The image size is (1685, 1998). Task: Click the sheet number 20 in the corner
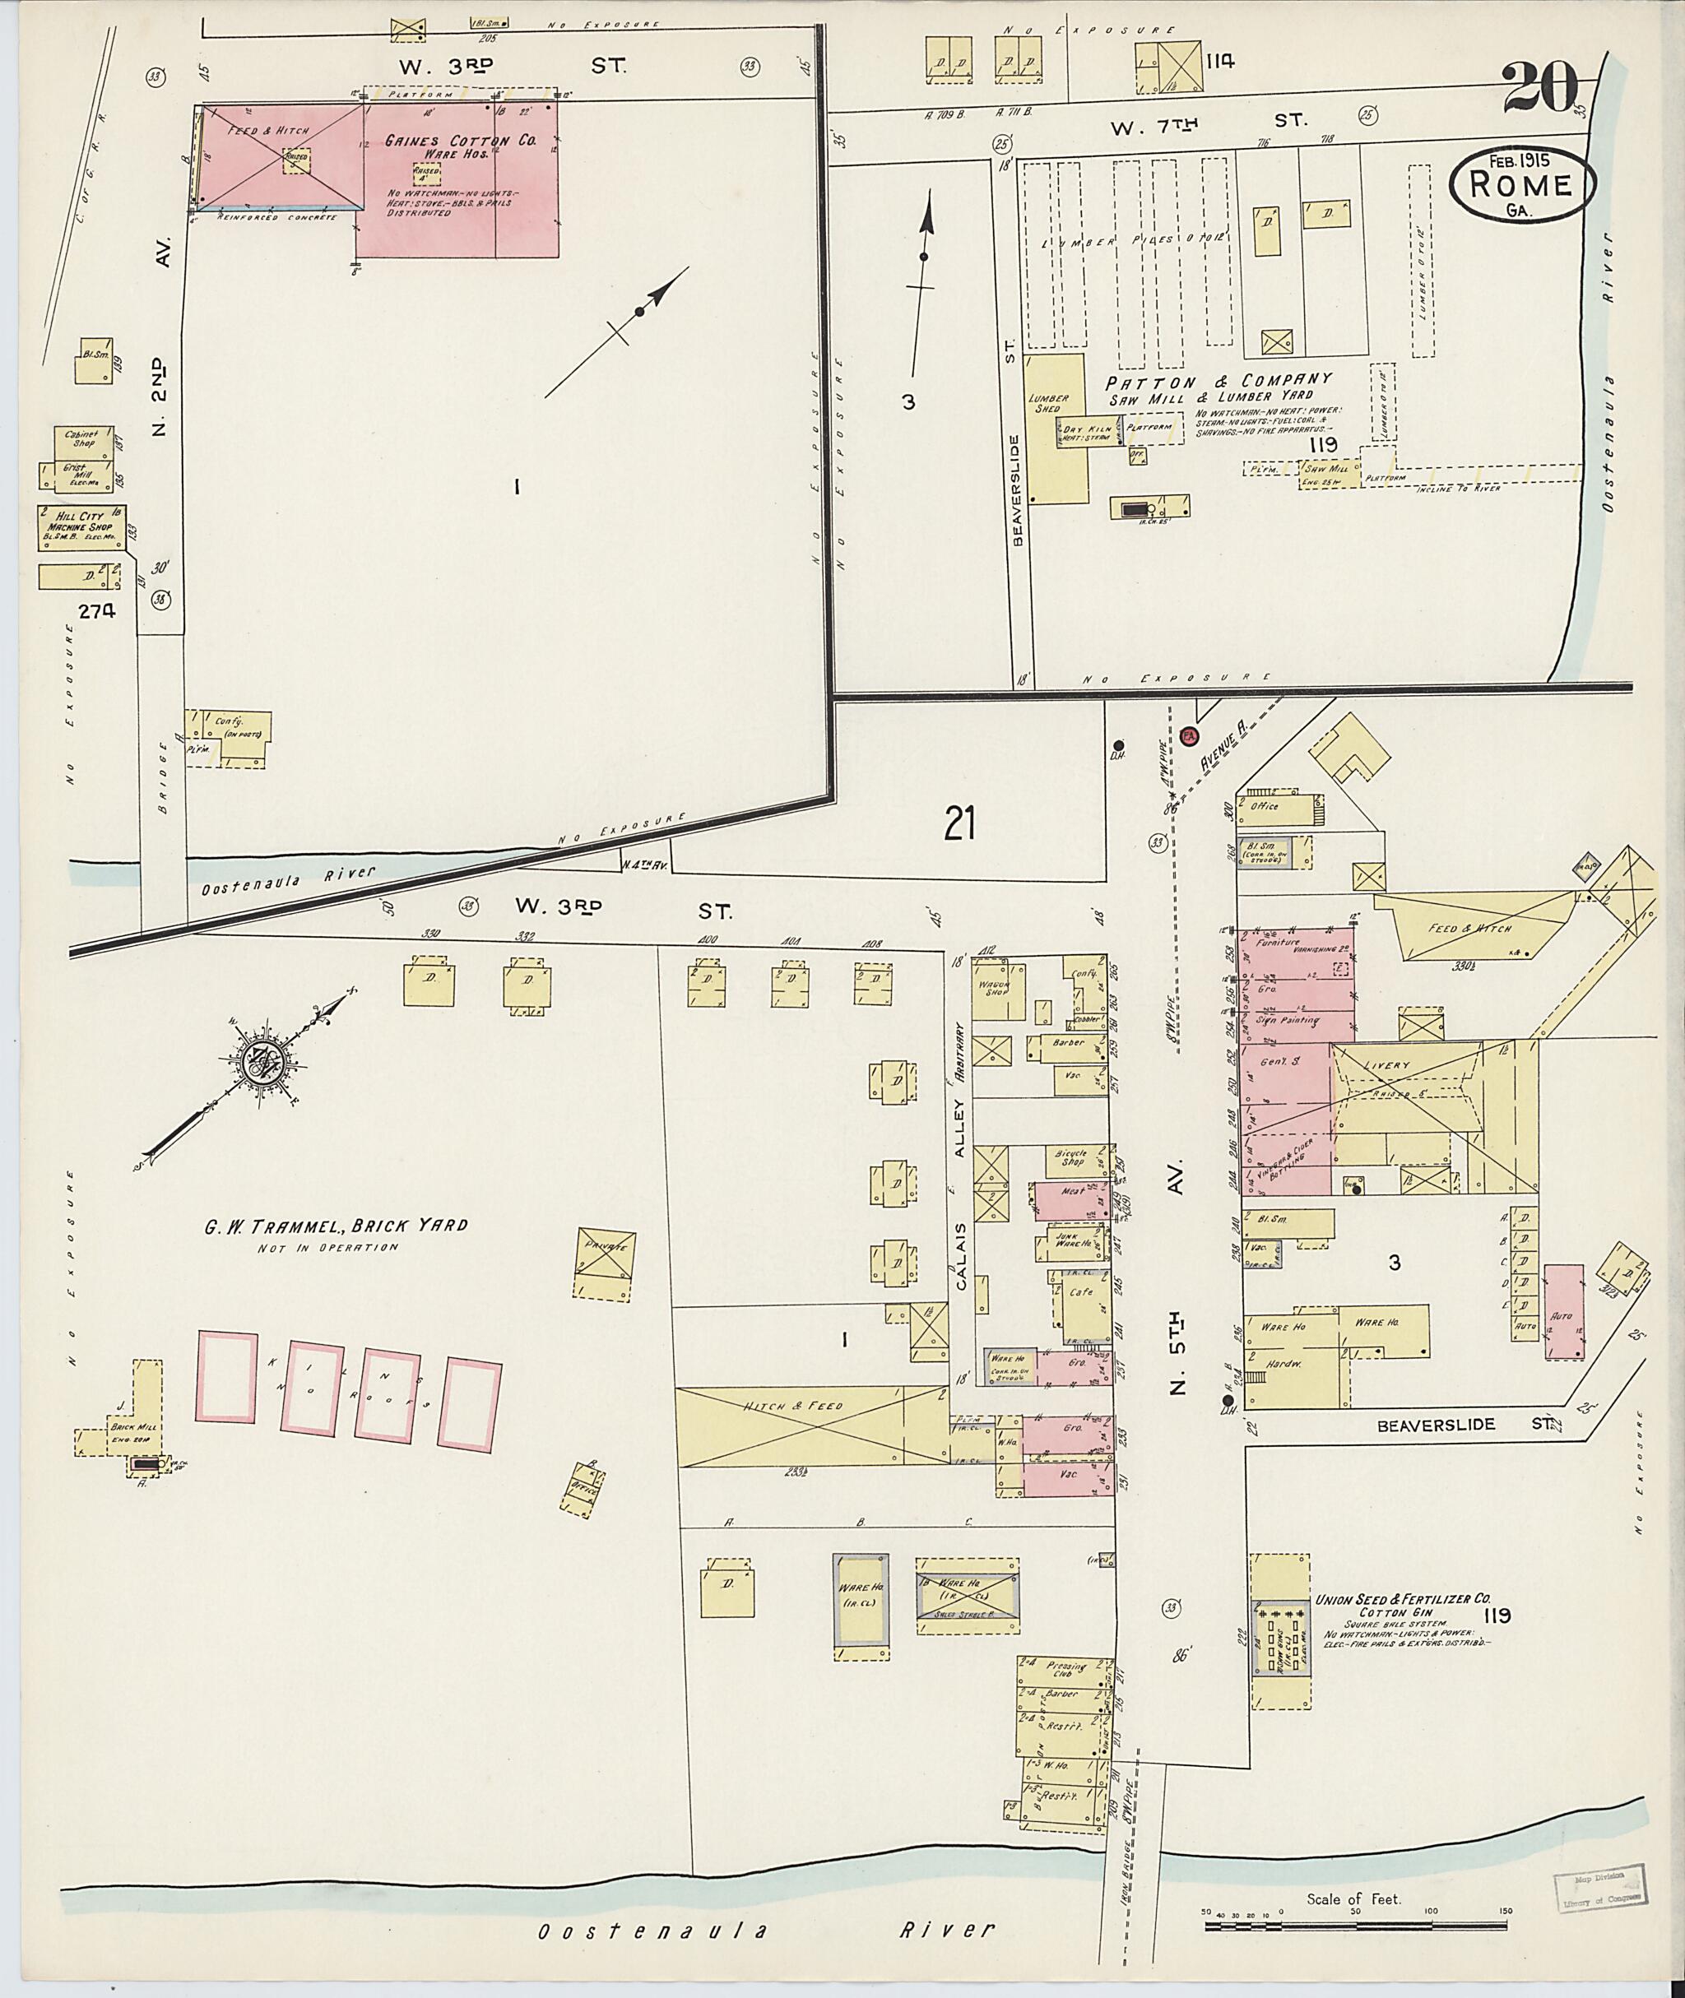point(1540,88)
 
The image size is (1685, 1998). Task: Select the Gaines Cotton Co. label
point(462,141)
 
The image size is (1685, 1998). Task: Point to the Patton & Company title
point(1205,379)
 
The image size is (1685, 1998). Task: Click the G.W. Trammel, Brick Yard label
point(336,1226)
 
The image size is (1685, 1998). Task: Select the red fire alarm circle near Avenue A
point(1189,735)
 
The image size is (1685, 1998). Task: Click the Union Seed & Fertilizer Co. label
point(1402,1600)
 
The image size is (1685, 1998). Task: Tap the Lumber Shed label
point(1049,403)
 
